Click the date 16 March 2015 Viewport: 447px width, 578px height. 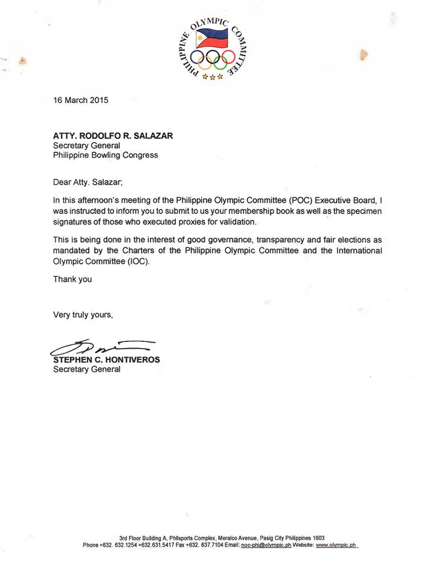[x=81, y=101]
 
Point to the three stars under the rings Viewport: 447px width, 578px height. [x=213, y=76]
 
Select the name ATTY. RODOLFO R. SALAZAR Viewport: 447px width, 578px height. [x=113, y=135]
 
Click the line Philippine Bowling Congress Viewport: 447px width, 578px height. [x=105, y=155]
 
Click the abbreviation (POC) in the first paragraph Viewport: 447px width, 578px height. [x=296, y=201]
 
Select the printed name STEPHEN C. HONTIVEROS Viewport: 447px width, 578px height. [x=107, y=359]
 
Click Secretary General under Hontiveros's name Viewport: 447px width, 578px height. [x=87, y=369]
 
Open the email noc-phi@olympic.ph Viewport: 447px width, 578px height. [x=266, y=545]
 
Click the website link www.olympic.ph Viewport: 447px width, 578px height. [x=336, y=545]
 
